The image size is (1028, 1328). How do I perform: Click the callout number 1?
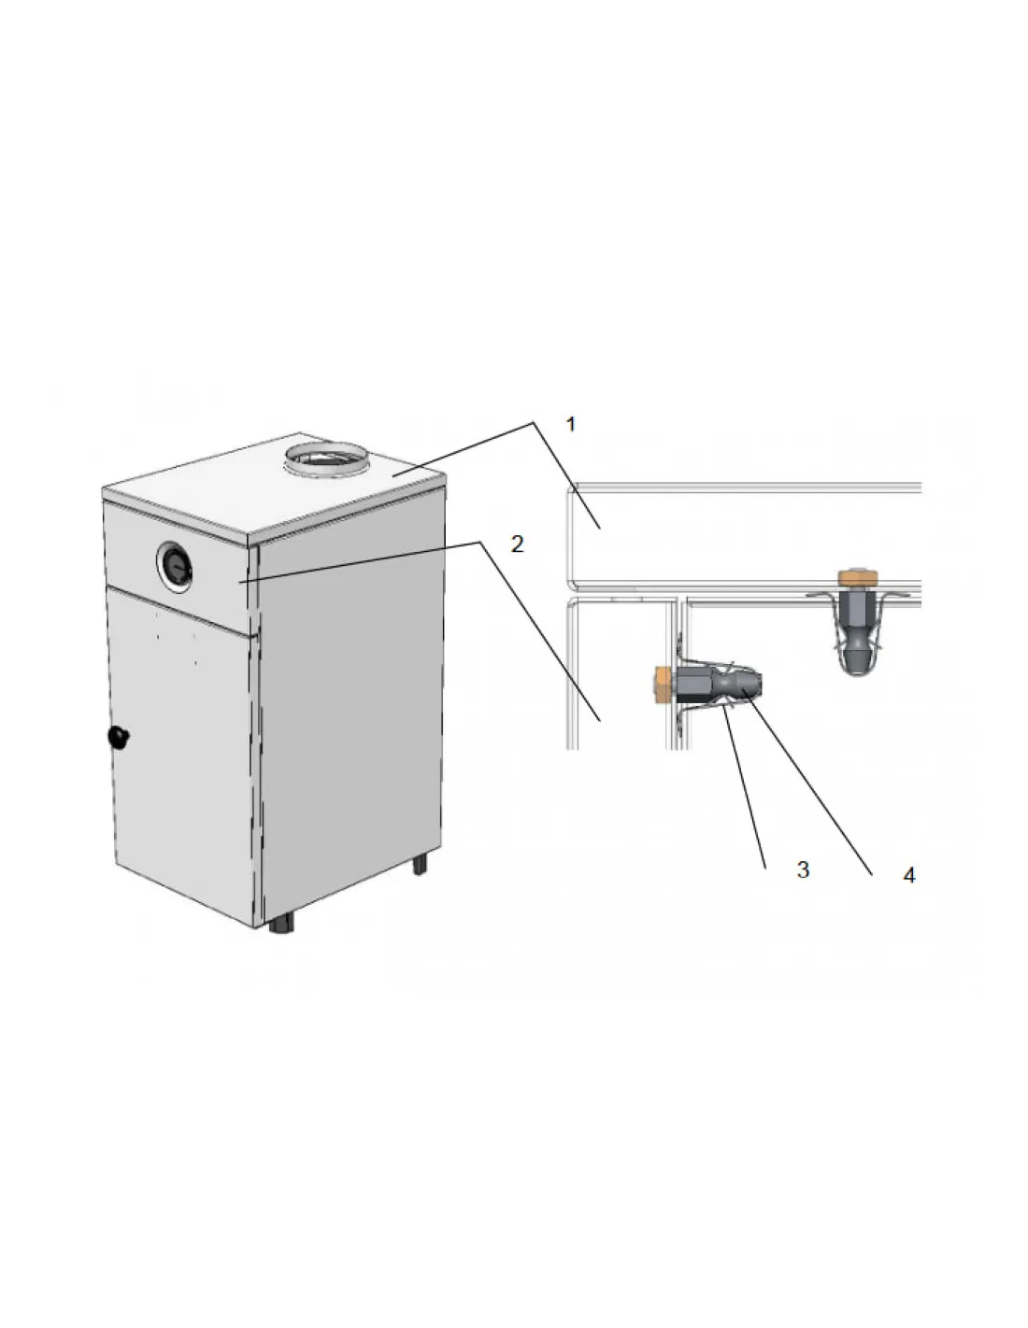pos(571,424)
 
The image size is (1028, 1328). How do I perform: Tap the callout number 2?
pos(518,544)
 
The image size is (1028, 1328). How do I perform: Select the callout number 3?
pos(803,869)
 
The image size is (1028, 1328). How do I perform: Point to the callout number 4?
pos(908,875)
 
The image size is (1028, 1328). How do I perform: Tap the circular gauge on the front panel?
pos(176,564)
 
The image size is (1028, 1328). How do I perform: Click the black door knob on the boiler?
pos(119,737)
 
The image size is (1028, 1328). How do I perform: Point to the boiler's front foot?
pos(281,924)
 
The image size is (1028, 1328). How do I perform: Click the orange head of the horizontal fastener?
pos(664,684)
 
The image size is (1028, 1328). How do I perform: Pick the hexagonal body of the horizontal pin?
pos(693,684)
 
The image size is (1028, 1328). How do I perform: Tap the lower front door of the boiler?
pos(183,752)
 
